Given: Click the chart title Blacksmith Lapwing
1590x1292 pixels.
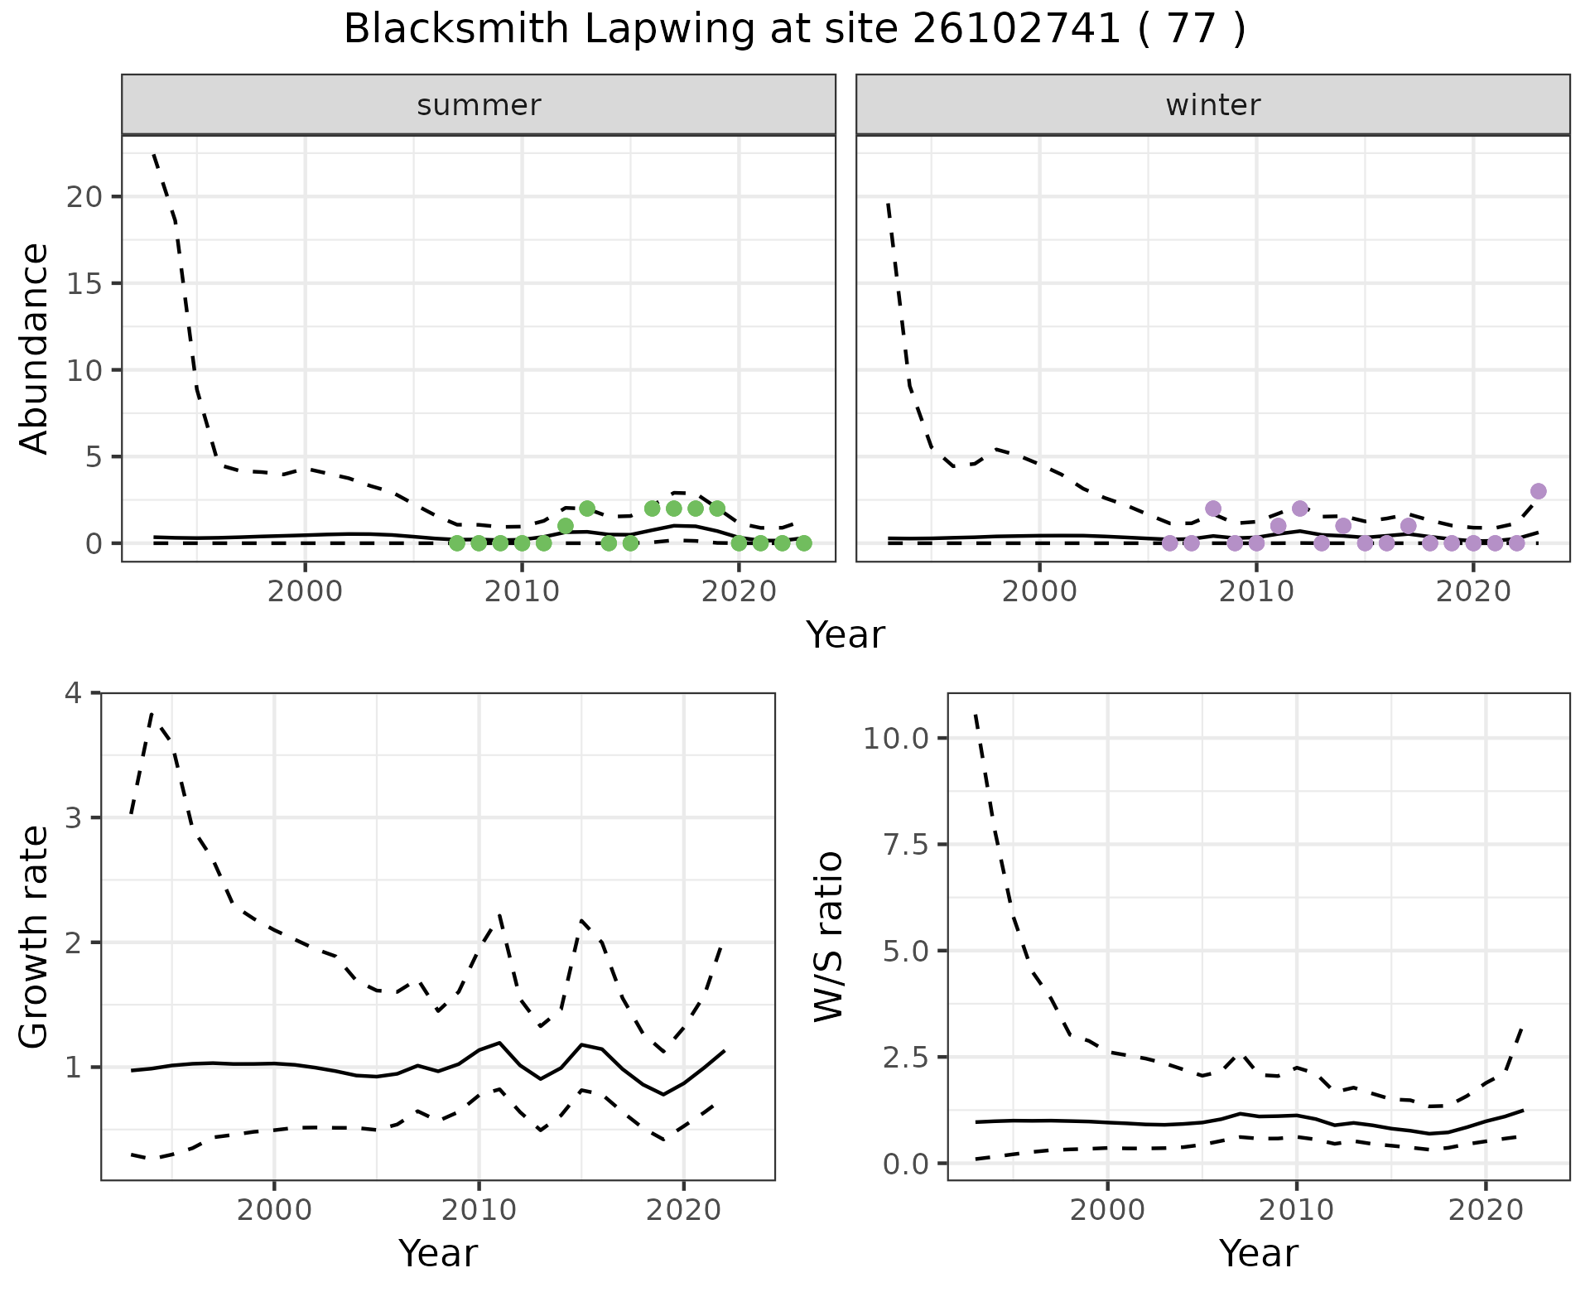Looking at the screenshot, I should (x=794, y=30).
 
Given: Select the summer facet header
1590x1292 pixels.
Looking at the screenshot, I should (x=479, y=105).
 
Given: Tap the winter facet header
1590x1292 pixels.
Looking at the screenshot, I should (x=1212, y=105).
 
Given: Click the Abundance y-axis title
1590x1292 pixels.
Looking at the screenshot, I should (x=35, y=349).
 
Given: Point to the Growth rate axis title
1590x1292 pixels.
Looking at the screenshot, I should (x=35, y=936).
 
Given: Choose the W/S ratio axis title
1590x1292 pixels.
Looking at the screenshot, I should (x=829, y=936).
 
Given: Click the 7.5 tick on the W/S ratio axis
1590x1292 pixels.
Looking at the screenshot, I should (x=904, y=845).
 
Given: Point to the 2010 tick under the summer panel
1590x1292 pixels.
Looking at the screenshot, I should (x=522, y=592).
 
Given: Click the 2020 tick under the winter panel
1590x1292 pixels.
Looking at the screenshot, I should (x=1473, y=592).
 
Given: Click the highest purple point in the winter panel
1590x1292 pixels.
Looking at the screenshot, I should (x=1538, y=491).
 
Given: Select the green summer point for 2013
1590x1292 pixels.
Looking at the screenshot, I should (x=587, y=509).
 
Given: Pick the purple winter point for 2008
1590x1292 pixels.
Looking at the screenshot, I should (x=1213, y=509).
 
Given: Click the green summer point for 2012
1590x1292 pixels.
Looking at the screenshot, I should (x=566, y=526).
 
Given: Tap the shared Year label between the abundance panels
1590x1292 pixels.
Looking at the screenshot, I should (x=846, y=635).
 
